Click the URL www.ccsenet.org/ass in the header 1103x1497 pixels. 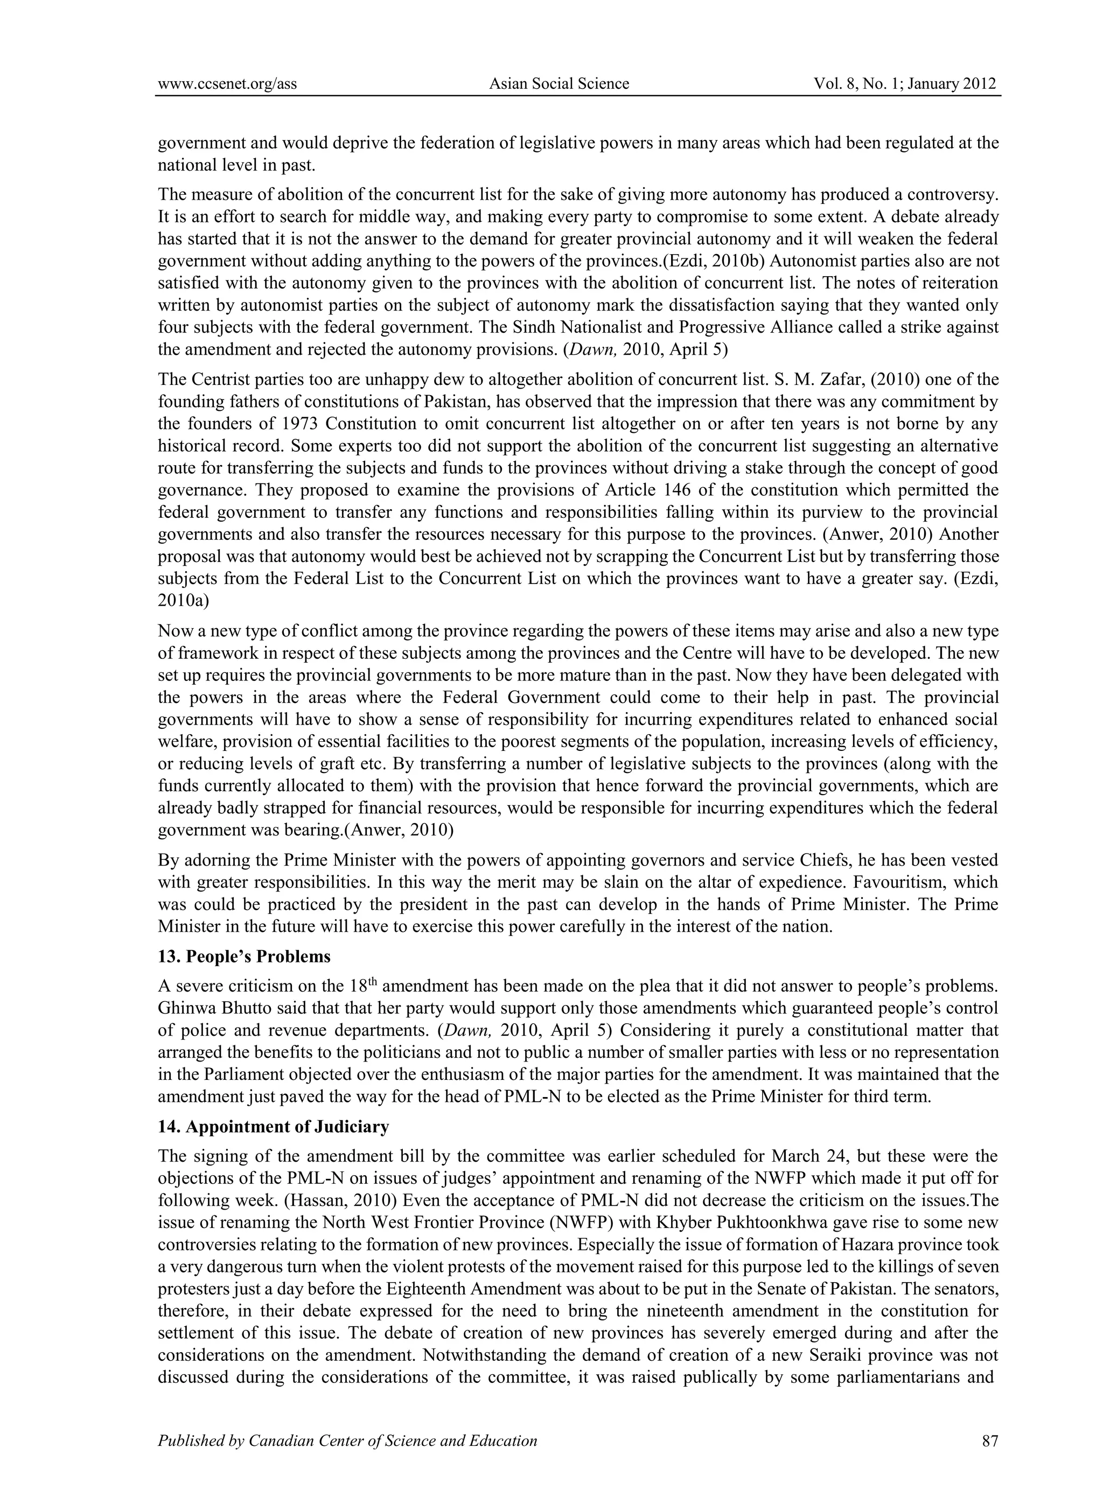[x=227, y=83]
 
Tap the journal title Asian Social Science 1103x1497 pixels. [x=559, y=83]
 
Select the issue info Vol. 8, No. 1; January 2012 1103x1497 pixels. [x=905, y=83]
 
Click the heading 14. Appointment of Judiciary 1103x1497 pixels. [x=273, y=1127]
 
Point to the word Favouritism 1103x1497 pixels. [x=886, y=882]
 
